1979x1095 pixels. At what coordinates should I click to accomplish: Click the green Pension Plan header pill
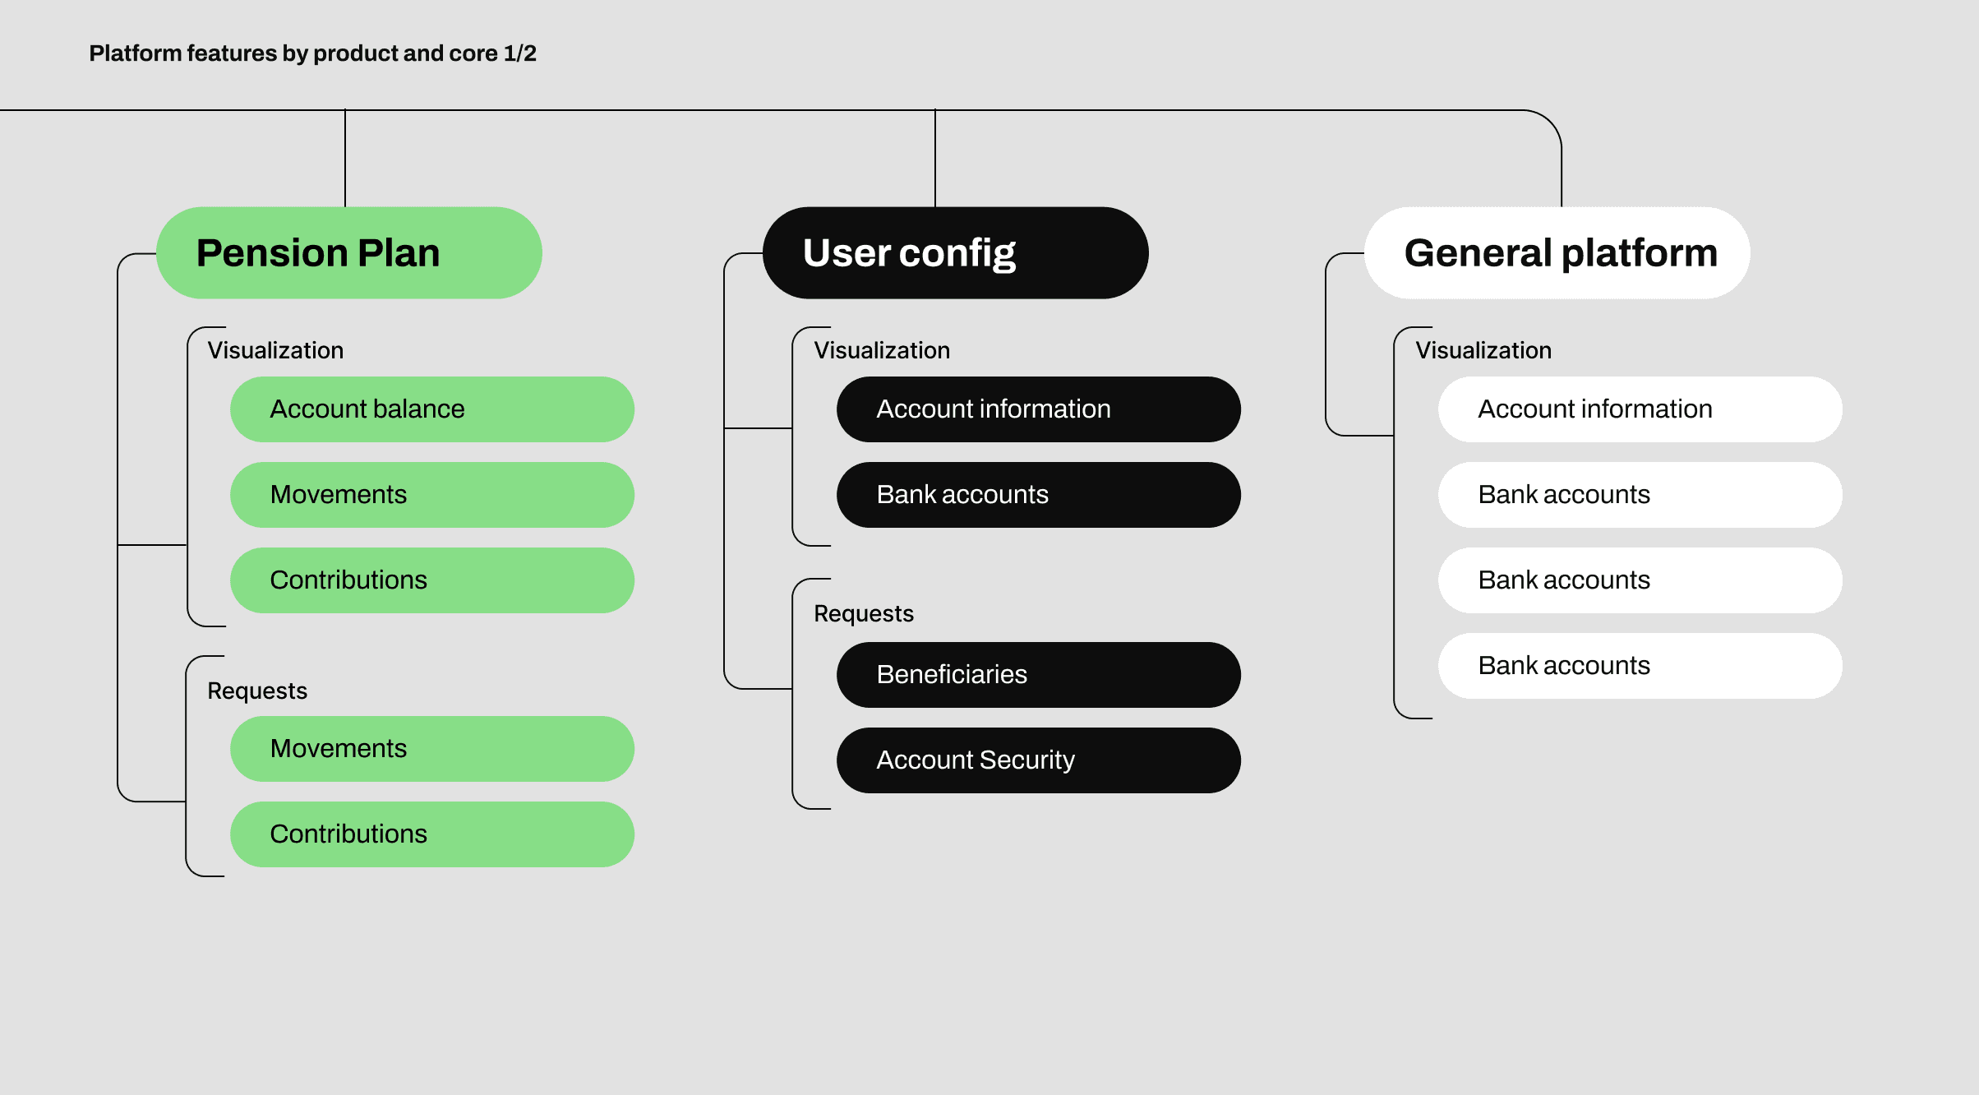coord(348,252)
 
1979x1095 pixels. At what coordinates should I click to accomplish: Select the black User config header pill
coord(955,252)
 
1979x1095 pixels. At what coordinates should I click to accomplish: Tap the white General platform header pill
coord(1557,252)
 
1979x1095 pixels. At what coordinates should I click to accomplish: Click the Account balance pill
coord(431,409)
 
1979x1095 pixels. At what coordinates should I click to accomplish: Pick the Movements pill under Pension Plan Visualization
coord(431,495)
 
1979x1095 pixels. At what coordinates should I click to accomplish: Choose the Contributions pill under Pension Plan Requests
coord(431,834)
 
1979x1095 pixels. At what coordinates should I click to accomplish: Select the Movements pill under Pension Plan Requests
coord(431,749)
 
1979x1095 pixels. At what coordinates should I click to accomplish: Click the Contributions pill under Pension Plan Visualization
coord(431,580)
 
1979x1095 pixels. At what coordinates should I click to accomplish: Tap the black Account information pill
coord(1038,409)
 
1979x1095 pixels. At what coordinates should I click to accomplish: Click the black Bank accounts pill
coord(1038,495)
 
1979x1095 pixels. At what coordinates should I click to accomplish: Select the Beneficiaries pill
coord(1038,675)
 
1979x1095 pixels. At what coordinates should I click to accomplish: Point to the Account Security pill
coord(1038,760)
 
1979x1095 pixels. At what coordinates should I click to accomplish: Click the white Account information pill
coord(1640,409)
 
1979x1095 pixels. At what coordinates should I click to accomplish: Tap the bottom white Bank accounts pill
coord(1640,666)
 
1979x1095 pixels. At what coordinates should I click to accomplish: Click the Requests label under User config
coord(863,614)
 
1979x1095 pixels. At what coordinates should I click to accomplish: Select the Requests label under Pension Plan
coord(256,691)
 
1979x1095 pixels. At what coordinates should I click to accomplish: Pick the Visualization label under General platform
coord(1483,351)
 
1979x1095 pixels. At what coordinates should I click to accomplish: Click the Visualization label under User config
coord(881,351)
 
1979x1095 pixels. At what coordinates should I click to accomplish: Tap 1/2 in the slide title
coord(519,53)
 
